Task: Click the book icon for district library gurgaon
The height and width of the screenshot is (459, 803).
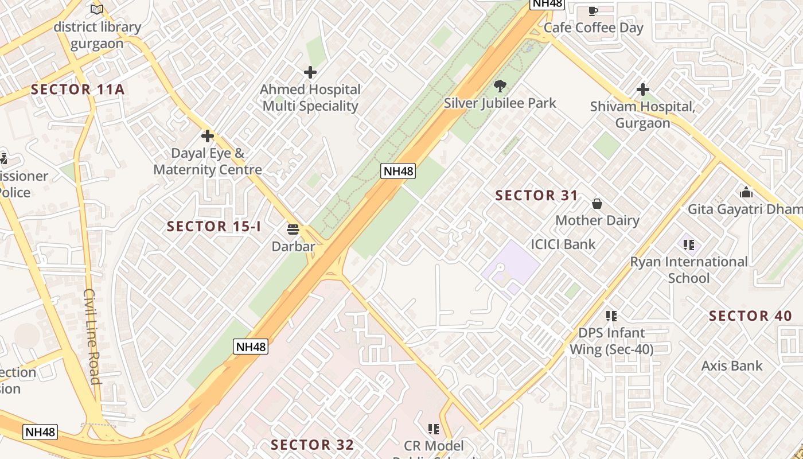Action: click(x=97, y=9)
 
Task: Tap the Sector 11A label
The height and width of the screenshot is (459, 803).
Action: click(x=77, y=90)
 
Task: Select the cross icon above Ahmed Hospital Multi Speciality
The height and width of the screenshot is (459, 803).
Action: click(x=310, y=72)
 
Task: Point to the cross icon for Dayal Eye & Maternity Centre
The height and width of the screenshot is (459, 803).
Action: click(x=208, y=136)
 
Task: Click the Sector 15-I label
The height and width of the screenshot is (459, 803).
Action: click(x=214, y=226)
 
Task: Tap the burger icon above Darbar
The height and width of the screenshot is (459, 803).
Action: click(x=293, y=229)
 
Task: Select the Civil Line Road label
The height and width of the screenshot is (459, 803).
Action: click(x=92, y=336)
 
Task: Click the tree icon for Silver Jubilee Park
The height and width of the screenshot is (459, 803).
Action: click(x=500, y=86)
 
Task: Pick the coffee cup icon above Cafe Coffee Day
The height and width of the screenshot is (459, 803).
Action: click(x=593, y=10)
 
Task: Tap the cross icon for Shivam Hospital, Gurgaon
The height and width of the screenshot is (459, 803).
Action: click(x=643, y=90)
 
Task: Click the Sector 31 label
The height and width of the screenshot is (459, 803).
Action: click(x=537, y=196)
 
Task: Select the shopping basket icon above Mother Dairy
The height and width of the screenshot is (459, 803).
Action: click(x=597, y=204)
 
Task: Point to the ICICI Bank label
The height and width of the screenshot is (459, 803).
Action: click(x=563, y=244)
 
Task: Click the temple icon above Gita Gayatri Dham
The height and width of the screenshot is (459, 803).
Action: click(x=746, y=192)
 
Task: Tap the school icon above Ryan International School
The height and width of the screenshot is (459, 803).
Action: click(x=689, y=245)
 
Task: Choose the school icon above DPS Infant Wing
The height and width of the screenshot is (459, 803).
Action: click(x=611, y=316)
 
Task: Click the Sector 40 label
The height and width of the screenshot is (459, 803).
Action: click(x=750, y=316)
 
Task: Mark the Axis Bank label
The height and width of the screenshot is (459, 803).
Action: click(x=732, y=365)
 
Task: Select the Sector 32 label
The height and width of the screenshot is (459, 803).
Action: click(x=312, y=445)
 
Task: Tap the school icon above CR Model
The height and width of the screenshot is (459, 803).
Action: click(x=434, y=429)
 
